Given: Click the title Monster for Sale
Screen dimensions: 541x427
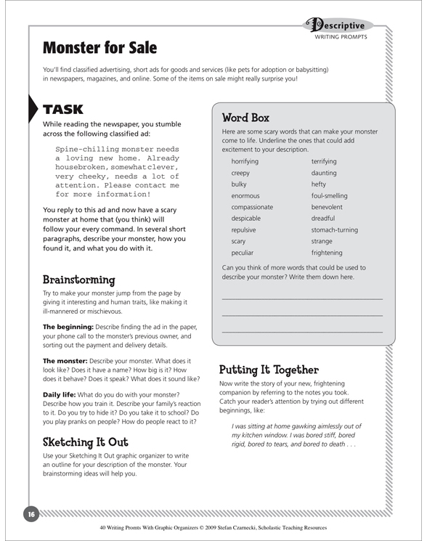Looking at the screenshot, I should pyautogui.click(x=100, y=48).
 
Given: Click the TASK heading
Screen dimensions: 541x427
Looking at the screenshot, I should pyautogui.click(x=64, y=110).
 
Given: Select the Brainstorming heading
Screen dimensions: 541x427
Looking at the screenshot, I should pyautogui.click(x=79, y=279).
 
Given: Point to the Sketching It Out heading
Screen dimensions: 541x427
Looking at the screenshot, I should pyautogui.click(x=90, y=442).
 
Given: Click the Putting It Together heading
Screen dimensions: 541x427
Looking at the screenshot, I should pyautogui.click(x=269, y=369).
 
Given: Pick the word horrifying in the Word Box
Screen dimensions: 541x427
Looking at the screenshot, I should pyautogui.click(x=249, y=160).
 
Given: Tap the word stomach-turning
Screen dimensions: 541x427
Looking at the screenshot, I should pyautogui.click(x=335, y=229).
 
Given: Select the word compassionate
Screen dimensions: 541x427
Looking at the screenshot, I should pyautogui.click(x=252, y=206).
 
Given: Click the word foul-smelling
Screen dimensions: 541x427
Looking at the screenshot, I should pyautogui.click(x=330, y=195).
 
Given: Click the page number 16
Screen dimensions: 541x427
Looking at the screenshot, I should pyautogui.click(x=31, y=513).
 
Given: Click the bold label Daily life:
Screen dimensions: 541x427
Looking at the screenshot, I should pyautogui.click(x=64, y=394).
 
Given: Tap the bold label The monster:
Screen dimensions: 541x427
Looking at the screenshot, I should pyautogui.click(x=68, y=360).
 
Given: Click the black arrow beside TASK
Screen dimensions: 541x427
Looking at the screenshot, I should pyautogui.click(x=33, y=110).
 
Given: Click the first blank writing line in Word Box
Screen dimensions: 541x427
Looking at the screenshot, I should pyautogui.click(x=301, y=298).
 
